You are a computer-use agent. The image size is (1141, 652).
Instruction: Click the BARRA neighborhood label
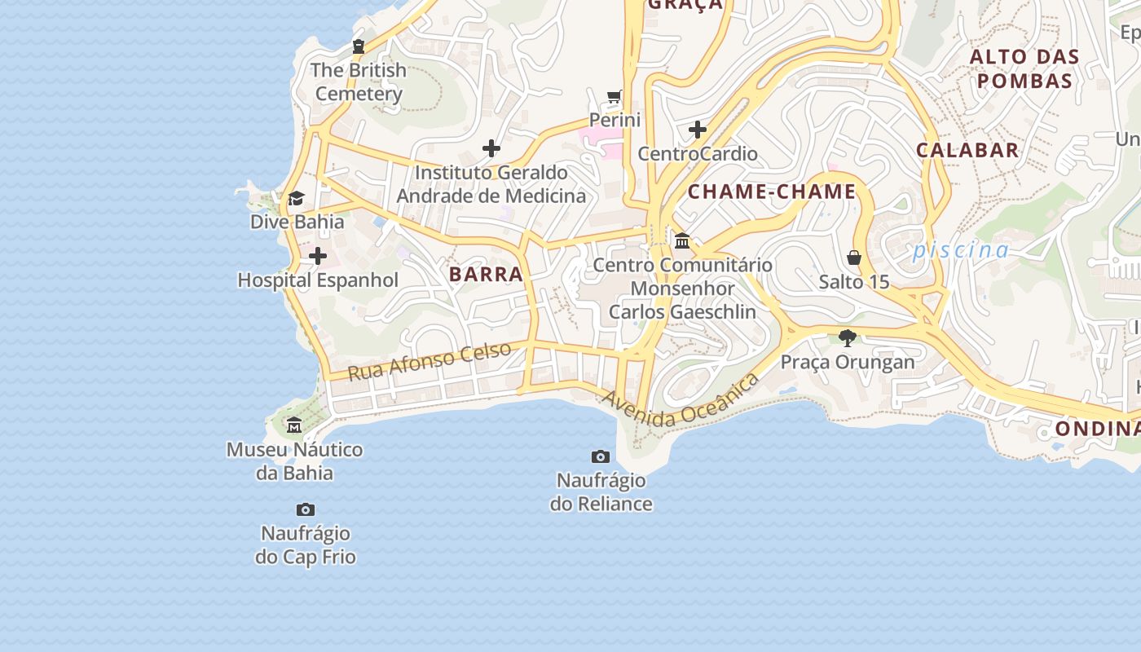[x=486, y=274]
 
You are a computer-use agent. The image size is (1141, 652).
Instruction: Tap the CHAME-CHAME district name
[x=772, y=192]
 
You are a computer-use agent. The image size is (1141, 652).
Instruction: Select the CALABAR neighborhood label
[x=967, y=150]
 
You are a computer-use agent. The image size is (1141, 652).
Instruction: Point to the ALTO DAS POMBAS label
[x=1024, y=69]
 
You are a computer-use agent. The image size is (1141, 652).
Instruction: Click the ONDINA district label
[x=1096, y=429]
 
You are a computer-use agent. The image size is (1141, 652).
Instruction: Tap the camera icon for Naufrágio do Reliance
[x=601, y=456]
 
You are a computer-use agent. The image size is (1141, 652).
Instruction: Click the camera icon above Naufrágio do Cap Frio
[x=306, y=510]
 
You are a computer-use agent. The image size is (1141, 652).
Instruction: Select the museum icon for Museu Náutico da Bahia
[x=294, y=425]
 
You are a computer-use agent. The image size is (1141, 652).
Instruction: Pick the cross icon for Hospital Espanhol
[x=318, y=257]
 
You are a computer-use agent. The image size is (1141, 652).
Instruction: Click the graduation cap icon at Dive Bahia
[x=296, y=198]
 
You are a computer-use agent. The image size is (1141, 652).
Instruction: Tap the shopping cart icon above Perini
[x=615, y=97]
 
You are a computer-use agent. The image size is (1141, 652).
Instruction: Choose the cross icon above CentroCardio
[x=697, y=130]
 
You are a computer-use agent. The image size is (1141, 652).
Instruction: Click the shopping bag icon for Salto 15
[x=853, y=258]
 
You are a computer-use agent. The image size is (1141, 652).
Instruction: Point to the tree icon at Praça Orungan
[x=848, y=337]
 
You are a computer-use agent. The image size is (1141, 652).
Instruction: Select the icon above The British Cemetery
[x=358, y=46]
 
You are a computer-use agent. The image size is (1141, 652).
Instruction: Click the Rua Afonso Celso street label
[x=430, y=361]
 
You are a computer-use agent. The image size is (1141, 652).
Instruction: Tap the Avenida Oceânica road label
[x=681, y=401]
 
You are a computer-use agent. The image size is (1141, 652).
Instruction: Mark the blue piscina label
[x=961, y=250]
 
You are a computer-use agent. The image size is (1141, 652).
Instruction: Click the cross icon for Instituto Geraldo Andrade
[x=491, y=148]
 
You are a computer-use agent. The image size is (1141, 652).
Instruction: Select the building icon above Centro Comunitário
[x=682, y=241]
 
